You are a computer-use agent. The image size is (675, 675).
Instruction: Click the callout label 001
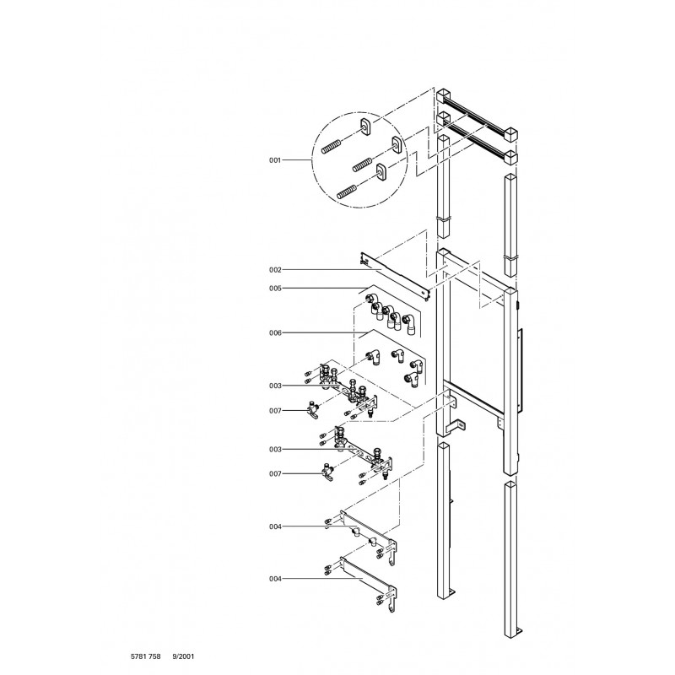275,160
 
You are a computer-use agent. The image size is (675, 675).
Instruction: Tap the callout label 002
275,270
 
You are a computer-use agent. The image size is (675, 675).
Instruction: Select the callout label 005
275,289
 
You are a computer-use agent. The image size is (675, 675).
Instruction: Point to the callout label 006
275,332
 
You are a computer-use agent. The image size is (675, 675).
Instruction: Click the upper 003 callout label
275,386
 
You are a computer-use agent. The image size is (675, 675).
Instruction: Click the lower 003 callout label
275,450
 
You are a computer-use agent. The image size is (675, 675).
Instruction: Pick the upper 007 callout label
275,411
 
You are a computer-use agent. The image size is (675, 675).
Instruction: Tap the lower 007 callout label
275,473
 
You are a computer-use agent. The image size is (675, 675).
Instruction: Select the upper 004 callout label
275,526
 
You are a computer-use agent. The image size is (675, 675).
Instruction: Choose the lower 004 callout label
275,579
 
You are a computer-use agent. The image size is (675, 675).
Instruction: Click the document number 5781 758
145,656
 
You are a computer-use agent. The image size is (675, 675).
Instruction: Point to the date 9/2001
183,656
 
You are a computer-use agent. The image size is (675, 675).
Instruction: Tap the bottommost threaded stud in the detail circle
348,192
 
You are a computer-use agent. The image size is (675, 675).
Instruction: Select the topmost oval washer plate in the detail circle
365,126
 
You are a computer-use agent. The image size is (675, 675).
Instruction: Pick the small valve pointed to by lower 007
327,472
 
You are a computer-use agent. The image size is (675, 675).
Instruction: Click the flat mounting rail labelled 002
395,278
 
